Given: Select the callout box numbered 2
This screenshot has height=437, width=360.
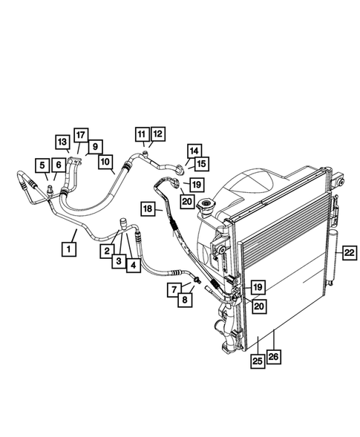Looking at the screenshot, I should pos(108,251).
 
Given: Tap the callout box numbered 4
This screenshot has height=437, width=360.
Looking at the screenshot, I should pos(133,263).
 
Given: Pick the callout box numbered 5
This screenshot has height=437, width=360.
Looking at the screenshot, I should pos(44,165).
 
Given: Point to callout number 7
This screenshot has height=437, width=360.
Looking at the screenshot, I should pos(171,288).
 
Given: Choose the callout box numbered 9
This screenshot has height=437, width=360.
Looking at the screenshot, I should pos(96,146).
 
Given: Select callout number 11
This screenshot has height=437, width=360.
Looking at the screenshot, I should pos(142,134).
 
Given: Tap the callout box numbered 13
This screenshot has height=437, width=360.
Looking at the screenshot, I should pos(62,141).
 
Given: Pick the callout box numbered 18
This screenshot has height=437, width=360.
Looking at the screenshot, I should pos(148,211).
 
